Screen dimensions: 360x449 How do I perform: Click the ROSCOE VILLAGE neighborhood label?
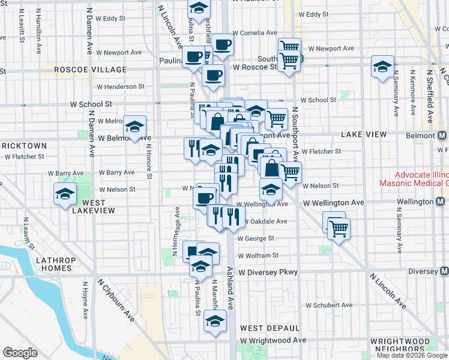tap(91, 70)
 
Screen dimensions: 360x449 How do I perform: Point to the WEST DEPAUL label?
tap(270, 328)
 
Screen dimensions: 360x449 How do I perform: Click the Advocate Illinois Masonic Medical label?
tap(414, 178)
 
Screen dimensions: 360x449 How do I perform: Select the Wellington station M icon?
tap(439, 202)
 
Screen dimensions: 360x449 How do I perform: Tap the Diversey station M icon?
tap(444, 271)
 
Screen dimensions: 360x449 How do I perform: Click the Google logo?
tap(20, 353)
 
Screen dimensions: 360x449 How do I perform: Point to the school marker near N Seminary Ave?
tap(382, 68)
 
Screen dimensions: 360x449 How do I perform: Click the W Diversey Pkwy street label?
tap(268, 272)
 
